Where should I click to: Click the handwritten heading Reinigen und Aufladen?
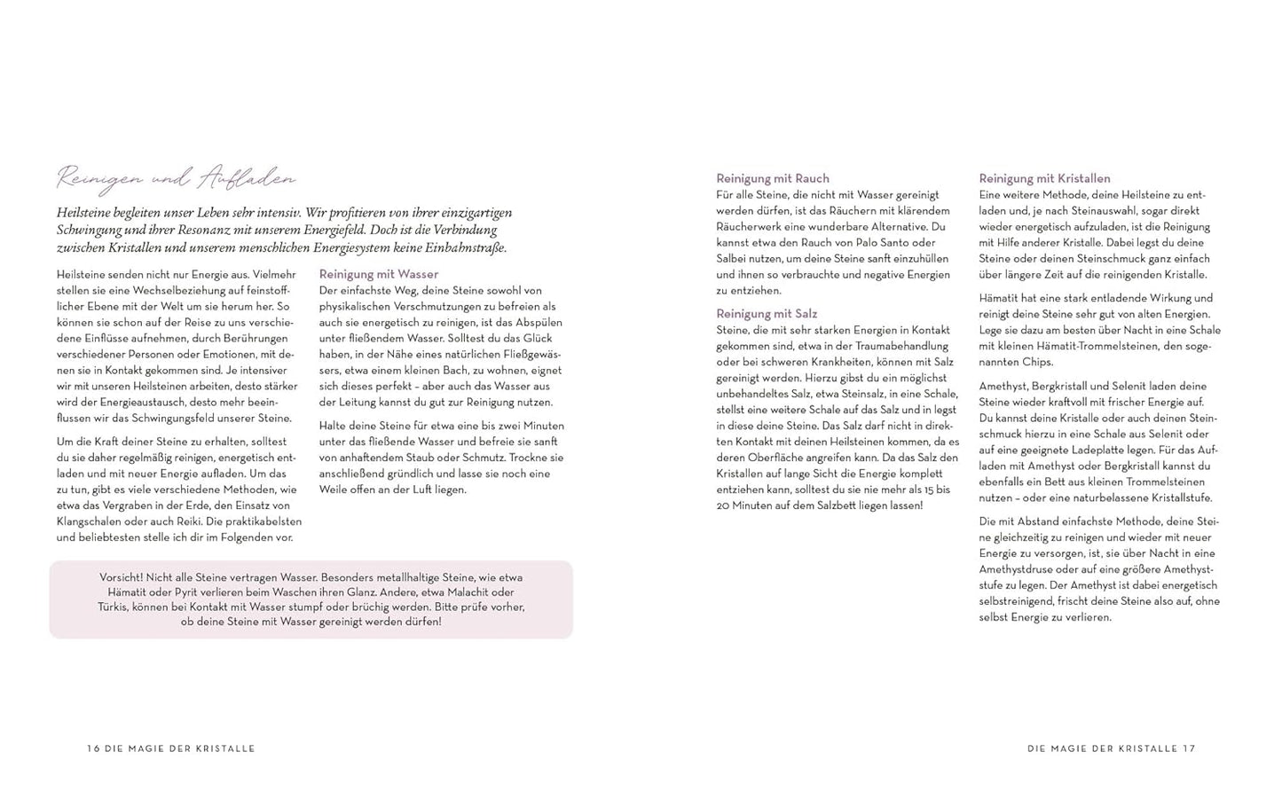point(176,178)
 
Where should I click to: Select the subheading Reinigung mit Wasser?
point(378,274)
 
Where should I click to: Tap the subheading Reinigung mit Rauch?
point(772,178)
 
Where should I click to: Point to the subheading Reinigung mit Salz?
point(767,314)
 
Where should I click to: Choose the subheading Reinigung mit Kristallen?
point(1044,178)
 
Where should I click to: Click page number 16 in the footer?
point(93,748)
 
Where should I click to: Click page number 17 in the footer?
point(1189,748)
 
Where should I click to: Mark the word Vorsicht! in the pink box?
point(122,576)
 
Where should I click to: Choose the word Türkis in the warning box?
point(114,607)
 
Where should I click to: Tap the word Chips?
point(1036,362)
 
